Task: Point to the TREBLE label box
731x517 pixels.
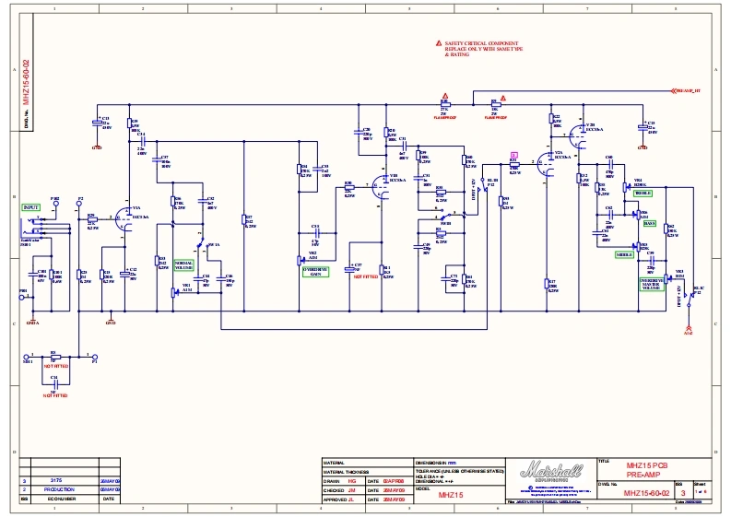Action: [x=643, y=194]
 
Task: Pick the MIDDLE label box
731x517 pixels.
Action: [x=624, y=254]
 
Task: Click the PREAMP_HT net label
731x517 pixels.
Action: [x=689, y=92]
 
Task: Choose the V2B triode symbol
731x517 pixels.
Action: [x=577, y=131]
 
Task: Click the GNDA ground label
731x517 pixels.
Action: [x=32, y=323]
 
